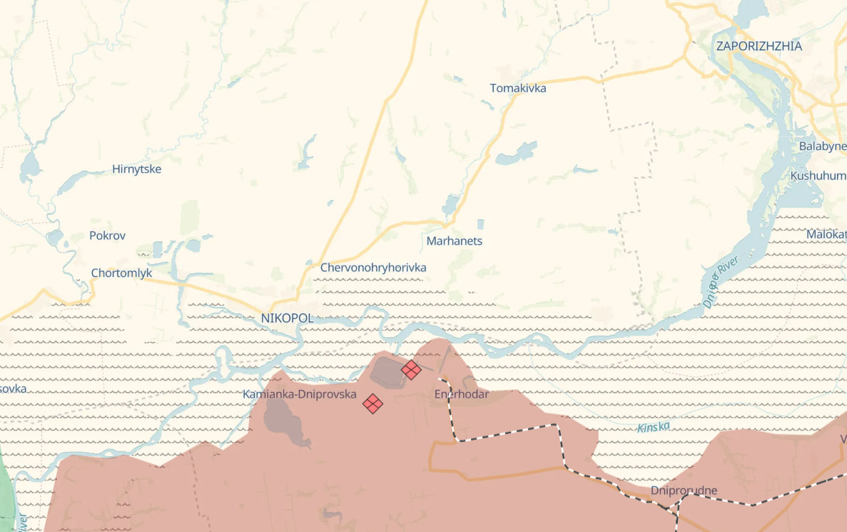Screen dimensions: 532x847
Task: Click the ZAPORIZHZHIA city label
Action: (759, 46)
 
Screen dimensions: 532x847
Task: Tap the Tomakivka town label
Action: (518, 89)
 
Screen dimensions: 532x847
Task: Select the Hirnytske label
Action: (136, 170)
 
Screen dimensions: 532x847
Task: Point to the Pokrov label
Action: (107, 236)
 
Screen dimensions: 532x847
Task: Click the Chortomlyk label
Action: (121, 273)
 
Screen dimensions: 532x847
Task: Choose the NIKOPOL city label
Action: (287, 318)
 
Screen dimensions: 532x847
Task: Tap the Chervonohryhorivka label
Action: (373, 268)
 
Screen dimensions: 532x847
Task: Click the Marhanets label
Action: (454, 241)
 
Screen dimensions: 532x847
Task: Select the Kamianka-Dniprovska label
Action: (299, 394)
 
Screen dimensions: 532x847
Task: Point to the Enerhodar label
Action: (461, 394)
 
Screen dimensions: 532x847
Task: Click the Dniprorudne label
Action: (684, 491)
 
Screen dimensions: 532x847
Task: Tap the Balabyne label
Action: (822, 146)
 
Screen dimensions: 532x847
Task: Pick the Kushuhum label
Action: (818, 176)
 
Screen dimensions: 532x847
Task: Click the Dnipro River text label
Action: (719, 283)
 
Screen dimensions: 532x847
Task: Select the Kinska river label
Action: (653, 427)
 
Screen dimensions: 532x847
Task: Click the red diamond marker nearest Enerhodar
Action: (410, 370)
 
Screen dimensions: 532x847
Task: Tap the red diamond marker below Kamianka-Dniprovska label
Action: (372, 403)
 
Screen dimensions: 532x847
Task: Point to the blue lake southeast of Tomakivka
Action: (516, 153)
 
